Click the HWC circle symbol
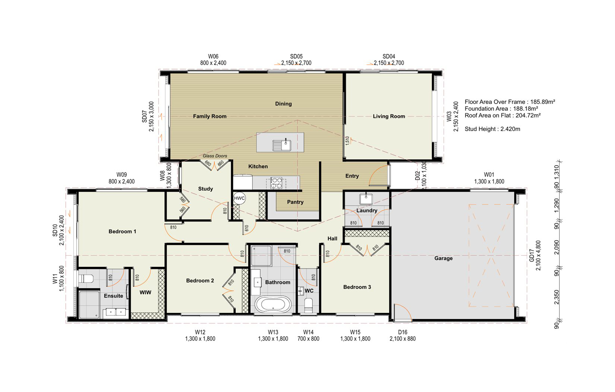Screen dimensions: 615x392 click(239, 198)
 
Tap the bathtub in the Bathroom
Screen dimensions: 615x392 click(273, 304)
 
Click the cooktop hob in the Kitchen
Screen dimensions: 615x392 click(276, 183)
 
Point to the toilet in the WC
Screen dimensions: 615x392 click(308, 305)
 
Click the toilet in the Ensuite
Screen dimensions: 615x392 click(86, 279)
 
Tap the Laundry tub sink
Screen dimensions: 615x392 click(366, 199)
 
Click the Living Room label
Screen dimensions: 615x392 click(389, 116)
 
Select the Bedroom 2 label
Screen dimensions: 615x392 click(200, 281)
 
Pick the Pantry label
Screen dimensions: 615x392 click(295, 202)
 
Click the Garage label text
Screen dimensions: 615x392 click(443, 258)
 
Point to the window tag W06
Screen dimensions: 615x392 click(213, 56)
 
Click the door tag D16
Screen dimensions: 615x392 click(402, 332)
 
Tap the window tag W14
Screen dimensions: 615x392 click(308, 332)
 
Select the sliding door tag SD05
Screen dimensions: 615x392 click(296, 56)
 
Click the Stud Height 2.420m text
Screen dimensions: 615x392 click(492, 129)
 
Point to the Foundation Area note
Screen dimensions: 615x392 click(501, 109)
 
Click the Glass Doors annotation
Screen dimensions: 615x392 click(215, 156)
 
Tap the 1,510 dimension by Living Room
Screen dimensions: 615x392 click(347, 141)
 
